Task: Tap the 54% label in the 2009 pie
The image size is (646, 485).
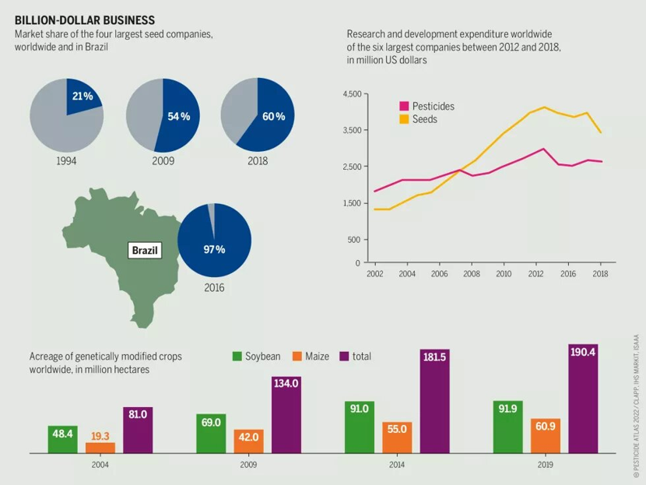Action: pos(179,117)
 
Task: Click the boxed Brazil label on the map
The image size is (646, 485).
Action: pos(145,250)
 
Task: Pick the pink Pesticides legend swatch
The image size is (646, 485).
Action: pos(404,106)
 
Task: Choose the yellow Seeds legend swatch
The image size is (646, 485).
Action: pos(404,119)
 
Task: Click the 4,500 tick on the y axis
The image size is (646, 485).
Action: pos(352,94)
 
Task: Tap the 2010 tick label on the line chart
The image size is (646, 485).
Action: pos(504,274)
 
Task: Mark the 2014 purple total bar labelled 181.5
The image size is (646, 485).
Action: pos(434,402)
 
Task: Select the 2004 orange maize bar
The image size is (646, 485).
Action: pos(100,448)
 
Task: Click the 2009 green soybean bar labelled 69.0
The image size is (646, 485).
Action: pos(211,434)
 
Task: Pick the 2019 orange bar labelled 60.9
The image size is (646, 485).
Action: pos(546,436)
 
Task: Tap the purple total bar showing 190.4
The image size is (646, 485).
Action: pos(583,399)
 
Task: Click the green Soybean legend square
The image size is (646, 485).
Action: pos(237,356)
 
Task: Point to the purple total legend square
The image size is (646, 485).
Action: pos(344,356)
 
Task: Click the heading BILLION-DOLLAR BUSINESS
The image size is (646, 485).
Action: pos(85,20)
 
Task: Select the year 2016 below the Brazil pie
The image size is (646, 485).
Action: pos(214,287)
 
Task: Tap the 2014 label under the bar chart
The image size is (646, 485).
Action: pos(397,465)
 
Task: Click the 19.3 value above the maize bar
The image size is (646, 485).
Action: pos(100,437)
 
